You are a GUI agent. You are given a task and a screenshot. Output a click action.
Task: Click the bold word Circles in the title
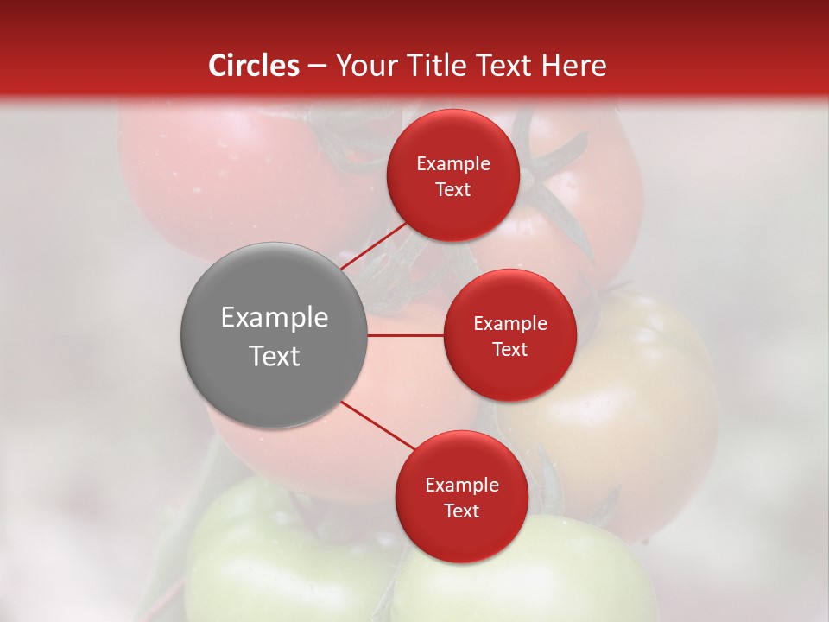pyautogui.click(x=253, y=66)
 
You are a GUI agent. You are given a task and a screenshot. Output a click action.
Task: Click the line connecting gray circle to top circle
pyautogui.click(x=374, y=244)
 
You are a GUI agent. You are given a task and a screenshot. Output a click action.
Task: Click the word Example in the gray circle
pyautogui.click(x=275, y=318)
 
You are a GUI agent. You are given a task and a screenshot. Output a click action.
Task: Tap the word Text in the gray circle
pyautogui.click(x=275, y=356)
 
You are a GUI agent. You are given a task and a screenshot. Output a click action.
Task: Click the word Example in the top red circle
pyautogui.click(x=453, y=164)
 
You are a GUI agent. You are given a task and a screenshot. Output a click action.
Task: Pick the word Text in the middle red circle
pyautogui.click(x=509, y=350)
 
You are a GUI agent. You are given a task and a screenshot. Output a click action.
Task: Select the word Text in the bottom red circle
pyautogui.click(x=461, y=511)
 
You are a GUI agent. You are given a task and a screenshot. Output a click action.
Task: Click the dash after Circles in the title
pyautogui.click(x=317, y=66)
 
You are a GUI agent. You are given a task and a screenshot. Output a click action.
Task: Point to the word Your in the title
pyautogui.click(x=364, y=66)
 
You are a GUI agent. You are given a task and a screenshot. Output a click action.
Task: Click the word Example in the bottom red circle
pyautogui.click(x=461, y=486)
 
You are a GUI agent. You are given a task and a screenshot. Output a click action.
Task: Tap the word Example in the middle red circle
pyautogui.click(x=509, y=324)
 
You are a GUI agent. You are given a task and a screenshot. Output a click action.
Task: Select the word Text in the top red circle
pyautogui.click(x=453, y=190)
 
